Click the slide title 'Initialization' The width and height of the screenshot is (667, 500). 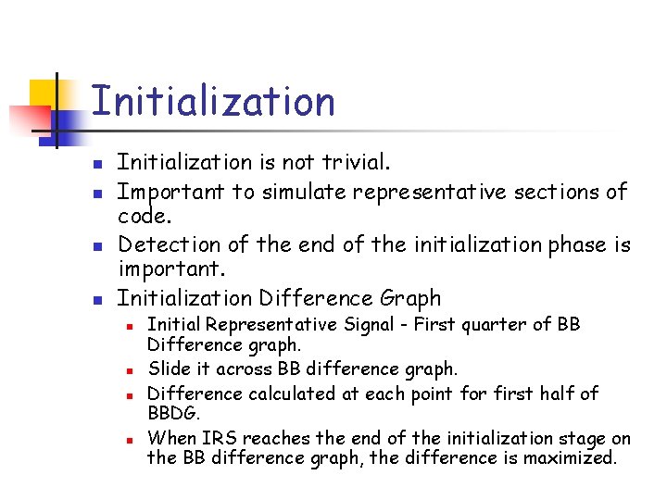(x=213, y=101)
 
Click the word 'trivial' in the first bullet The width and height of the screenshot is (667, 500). (x=354, y=163)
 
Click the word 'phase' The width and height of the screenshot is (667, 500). (x=576, y=244)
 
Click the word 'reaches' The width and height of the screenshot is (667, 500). (x=276, y=439)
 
